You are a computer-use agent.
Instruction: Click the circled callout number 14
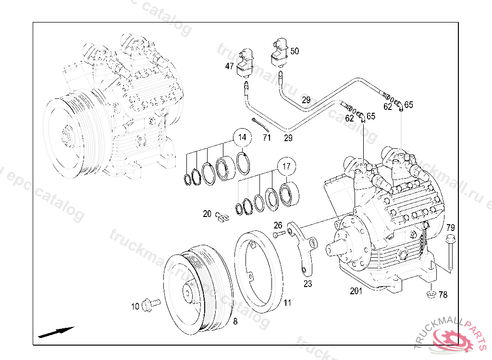click(x=242, y=138)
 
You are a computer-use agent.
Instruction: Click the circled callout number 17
click(x=286, y=168)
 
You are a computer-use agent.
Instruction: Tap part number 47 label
click(x=229, y=66)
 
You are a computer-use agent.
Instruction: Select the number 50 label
click(x=295, y=51)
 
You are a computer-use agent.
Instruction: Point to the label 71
click(x=267, y=138)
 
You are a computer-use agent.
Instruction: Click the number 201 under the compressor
click(x=356, y=291)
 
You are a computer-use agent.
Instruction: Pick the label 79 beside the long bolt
click(x=451, y=227)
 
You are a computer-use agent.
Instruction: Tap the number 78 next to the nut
click(x=443, y=295)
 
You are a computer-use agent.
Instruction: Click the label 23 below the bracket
click(x=307, y=284)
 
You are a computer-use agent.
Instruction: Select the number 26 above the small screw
click(x=278, y=225)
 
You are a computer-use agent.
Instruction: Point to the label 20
click(x=207, y=214)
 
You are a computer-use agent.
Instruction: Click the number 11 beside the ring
click(x=287, y=303)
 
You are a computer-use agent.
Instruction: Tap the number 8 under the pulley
click(x=235, y=322)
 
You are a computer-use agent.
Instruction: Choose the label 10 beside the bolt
click(x=135, y=306)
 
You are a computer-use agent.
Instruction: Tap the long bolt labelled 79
click(x=451, y=252)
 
